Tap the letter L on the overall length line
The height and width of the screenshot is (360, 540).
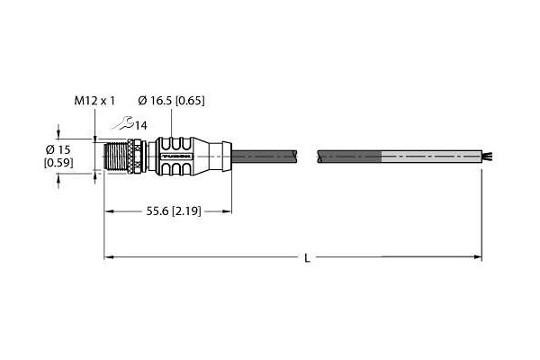coord(307,259)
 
